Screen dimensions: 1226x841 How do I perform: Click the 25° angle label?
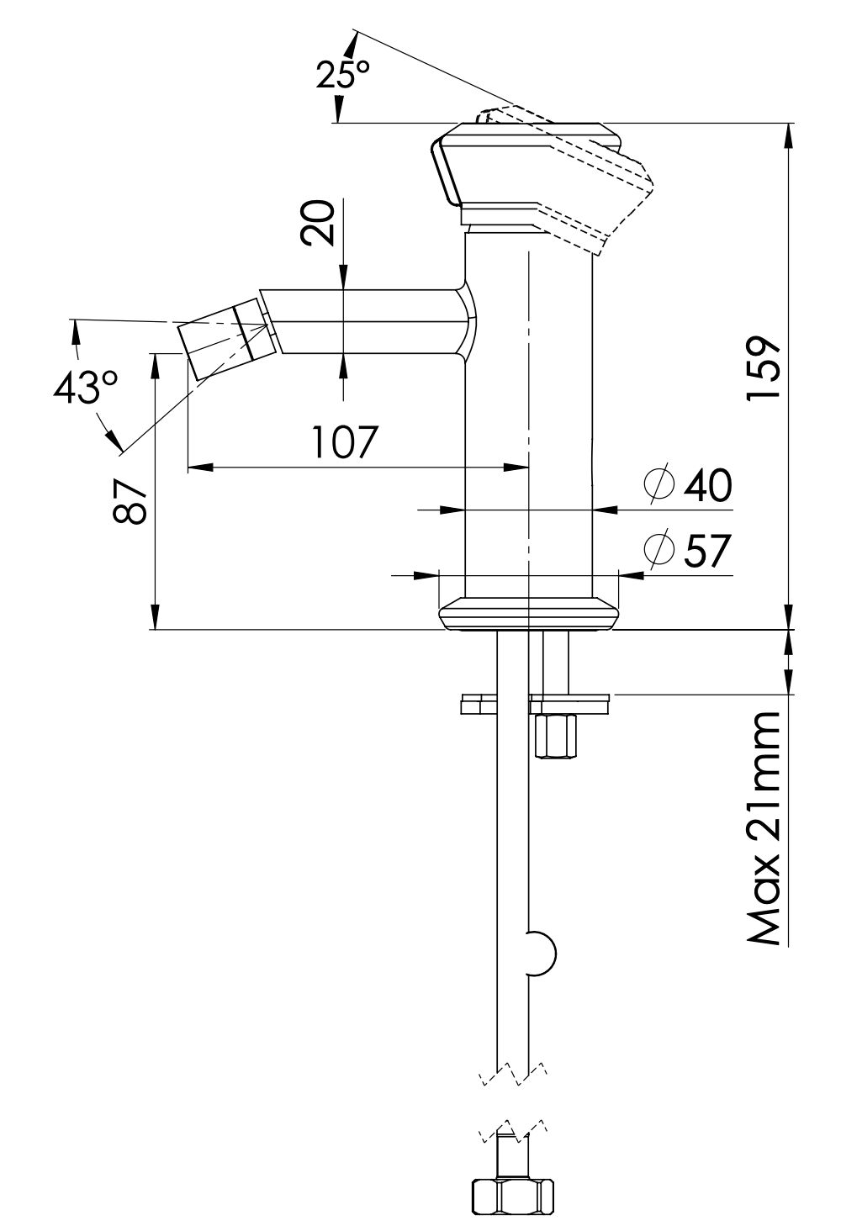point(343,76)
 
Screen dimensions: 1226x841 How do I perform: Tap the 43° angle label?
point(85,388)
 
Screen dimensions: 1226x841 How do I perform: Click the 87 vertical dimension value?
point(131,502)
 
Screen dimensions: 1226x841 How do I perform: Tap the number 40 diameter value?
point(708,485)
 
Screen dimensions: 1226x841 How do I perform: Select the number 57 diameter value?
point(708,552)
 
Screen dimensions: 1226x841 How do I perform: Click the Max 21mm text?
point(766,828)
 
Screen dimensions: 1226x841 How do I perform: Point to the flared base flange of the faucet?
point(528,613)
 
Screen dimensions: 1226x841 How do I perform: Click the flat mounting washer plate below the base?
point(535,704)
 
